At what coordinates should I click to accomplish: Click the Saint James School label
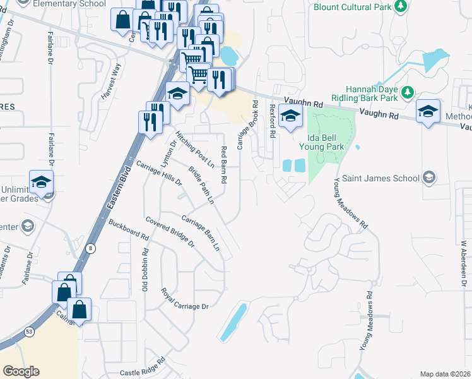[x=380, y=178]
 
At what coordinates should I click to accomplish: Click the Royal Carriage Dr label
[x=184, y=299]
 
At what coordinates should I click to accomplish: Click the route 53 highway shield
[x=29, y=331]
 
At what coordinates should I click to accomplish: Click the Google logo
[x=21, y=371]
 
